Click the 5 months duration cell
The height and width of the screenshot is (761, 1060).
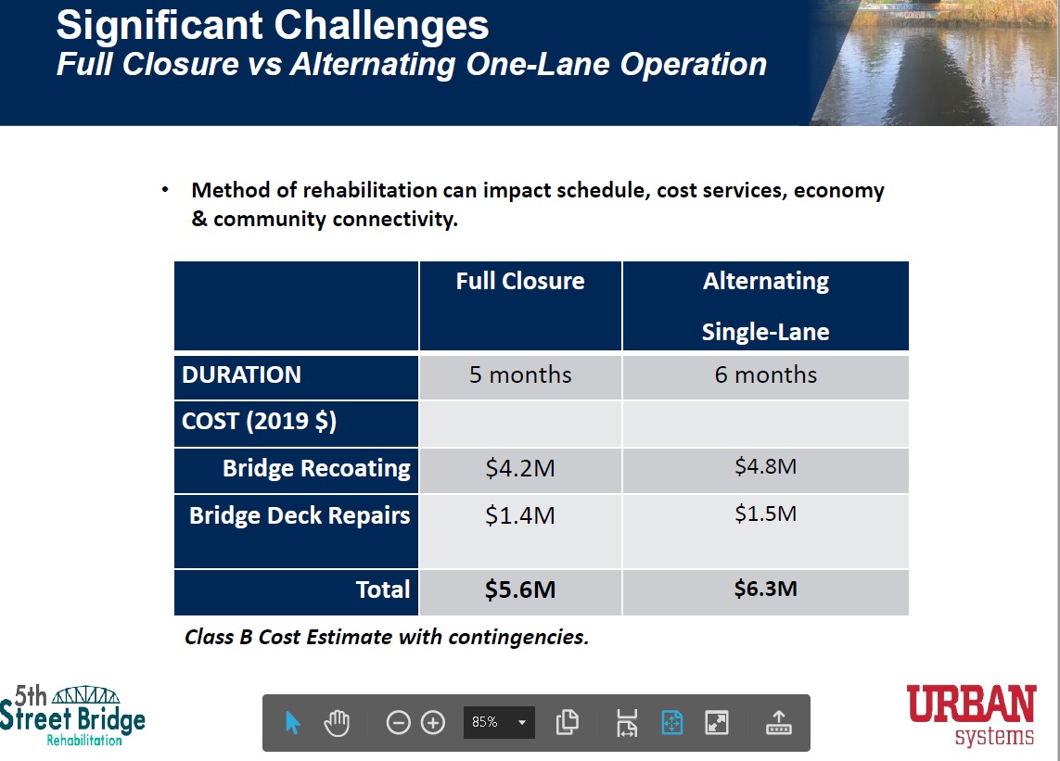[520, 375]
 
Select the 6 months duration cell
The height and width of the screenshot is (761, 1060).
[765, 375]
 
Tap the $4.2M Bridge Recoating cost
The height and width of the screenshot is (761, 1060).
[520, 468]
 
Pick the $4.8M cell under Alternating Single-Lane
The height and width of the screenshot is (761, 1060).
[765, 466]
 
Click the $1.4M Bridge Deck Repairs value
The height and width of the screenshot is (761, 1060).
[520, 515]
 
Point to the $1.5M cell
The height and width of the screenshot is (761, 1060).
[765, 514]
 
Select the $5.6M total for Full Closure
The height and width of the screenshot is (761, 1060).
[520, 590]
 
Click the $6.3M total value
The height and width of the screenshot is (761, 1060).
[765, 589]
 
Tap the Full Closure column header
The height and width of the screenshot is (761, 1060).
[520, 281]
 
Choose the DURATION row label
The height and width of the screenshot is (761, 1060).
[241, 375]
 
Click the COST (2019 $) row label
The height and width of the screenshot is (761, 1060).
[259, 422]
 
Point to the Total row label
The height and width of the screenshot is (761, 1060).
[383, 590]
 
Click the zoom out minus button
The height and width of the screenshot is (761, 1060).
[398, 722]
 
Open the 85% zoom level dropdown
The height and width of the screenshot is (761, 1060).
[499, 722]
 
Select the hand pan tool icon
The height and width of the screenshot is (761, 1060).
[337, 723]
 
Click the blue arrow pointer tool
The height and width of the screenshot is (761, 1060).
[292, 723]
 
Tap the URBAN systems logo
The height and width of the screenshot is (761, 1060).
[971, 715]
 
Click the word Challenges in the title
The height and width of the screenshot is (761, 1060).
[381, 26]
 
